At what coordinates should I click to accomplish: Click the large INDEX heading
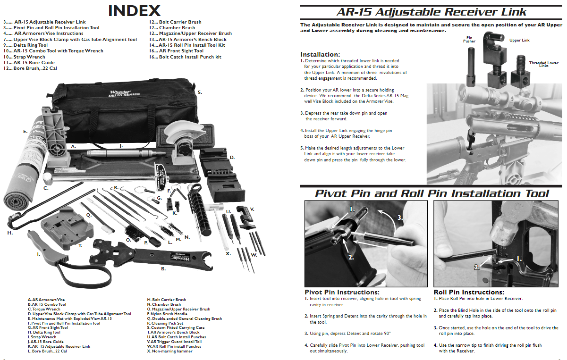(134, 10)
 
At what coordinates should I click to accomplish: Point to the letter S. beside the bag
(200, 92)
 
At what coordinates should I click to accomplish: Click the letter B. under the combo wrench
(163, 269)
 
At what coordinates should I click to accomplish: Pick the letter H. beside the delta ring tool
(10, 233)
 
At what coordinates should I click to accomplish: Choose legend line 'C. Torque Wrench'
(47, 309)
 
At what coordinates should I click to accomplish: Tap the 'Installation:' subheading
(320, 54)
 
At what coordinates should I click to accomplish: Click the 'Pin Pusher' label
(469, 39)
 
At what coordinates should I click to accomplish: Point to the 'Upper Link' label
(519, 40)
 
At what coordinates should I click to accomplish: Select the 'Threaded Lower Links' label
(544, 64)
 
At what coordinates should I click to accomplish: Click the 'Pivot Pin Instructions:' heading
(342, 292)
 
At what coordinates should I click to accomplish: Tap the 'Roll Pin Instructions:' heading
(469, 292)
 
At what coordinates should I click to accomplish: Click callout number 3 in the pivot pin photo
(400, 218)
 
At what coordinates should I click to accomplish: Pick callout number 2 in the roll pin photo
(477, 267)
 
